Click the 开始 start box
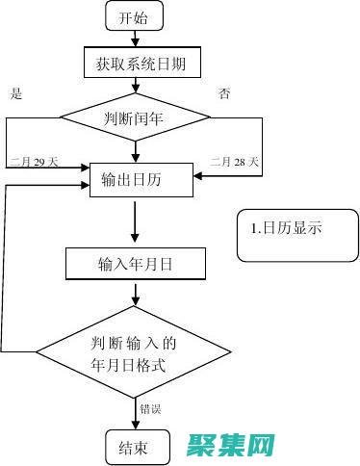tap(136, 17)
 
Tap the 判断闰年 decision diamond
tap(135, 118)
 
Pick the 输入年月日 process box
tap(136, 263)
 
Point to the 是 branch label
tap(14, 93)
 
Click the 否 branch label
tap(224, 93)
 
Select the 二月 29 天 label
tap(35, 162)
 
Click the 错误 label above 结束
tap(150, 408)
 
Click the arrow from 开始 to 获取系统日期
tap(136, 39)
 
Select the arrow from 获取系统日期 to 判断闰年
tap(136, 87)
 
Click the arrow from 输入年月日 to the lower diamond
tap(135, 292)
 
